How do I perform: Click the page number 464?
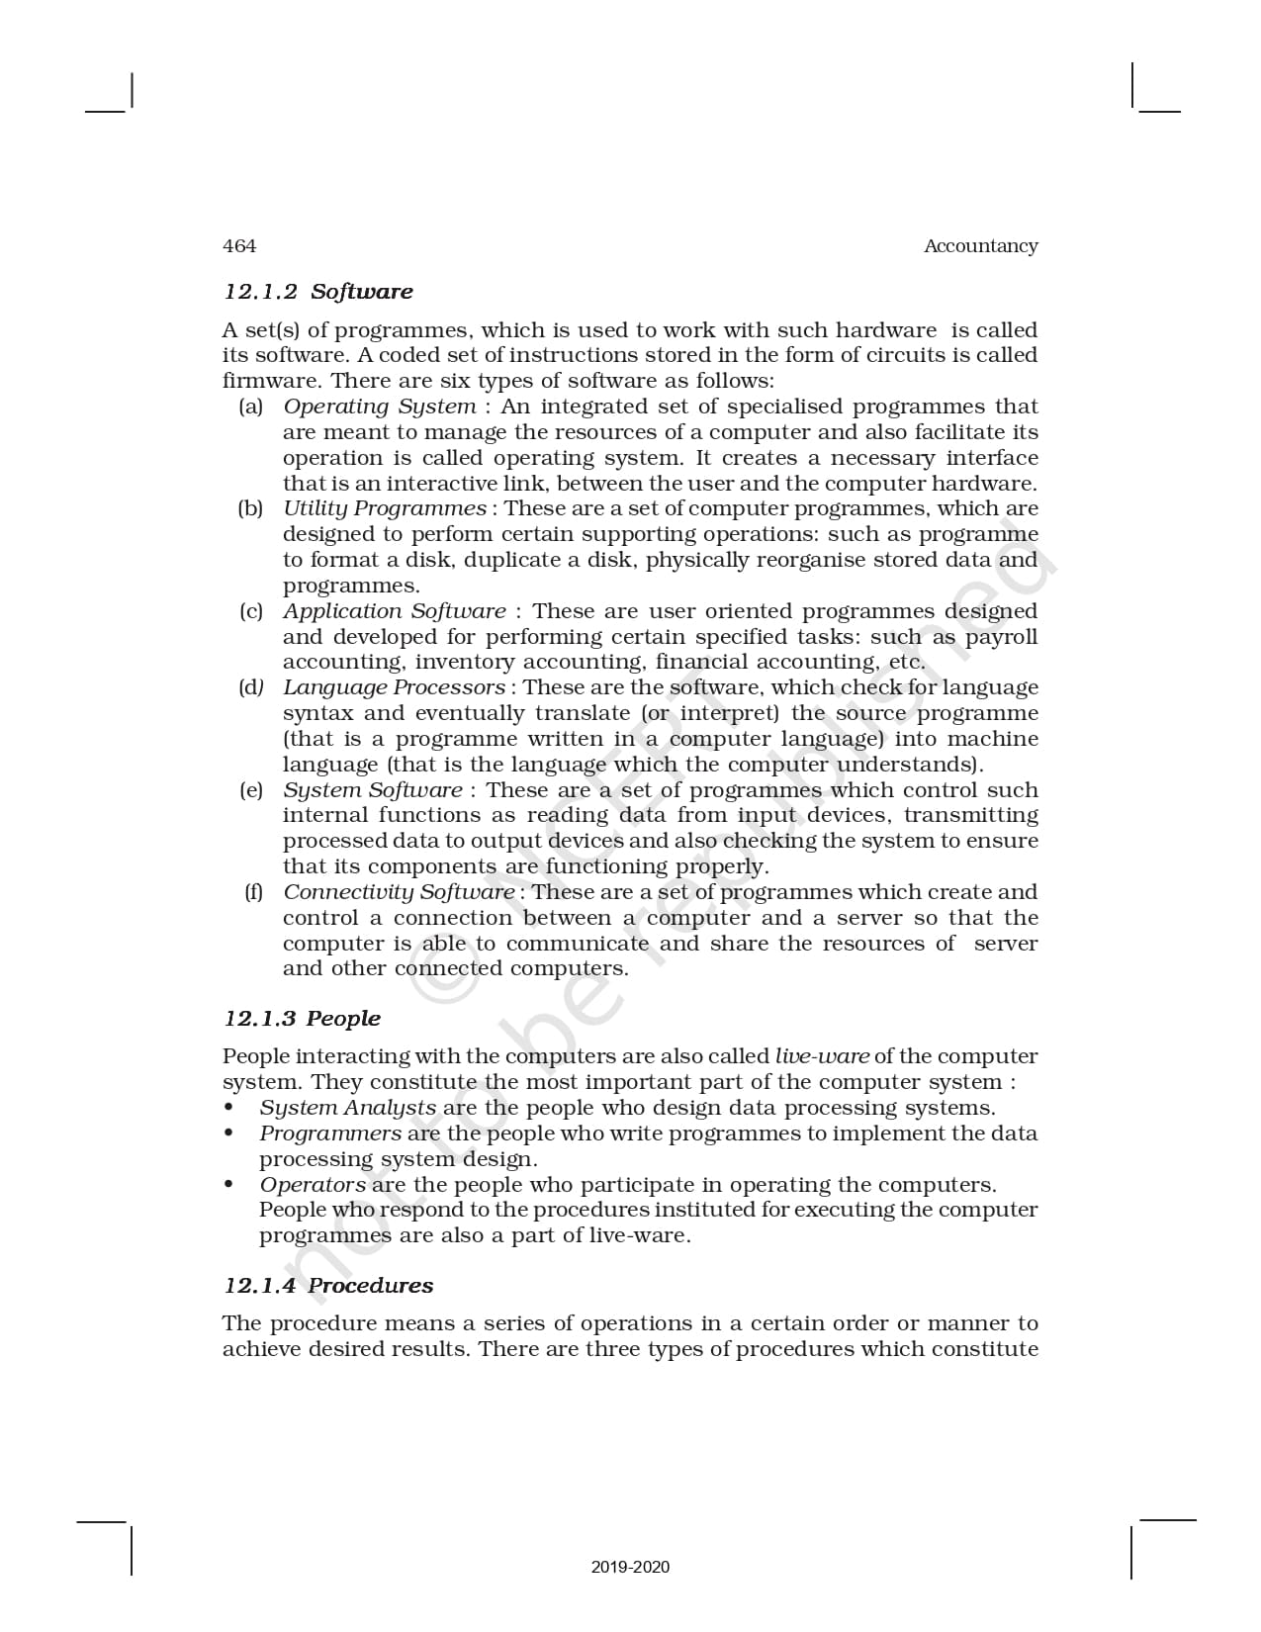[239, 246]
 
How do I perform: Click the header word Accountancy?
[980, 246]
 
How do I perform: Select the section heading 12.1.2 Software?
[317, 292]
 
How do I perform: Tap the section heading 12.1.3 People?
[302, 1019]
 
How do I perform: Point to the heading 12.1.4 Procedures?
[328, 1286]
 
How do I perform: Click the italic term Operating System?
[379, 407]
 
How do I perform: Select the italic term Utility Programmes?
[385, 508]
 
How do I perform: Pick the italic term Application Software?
[394, 611]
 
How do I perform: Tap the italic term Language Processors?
[394, 687]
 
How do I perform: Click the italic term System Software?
[372, 790]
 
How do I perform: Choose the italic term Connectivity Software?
[399, 892]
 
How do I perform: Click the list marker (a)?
[251, 407]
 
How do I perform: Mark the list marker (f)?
[254, 892]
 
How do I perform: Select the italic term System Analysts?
[347, 1108]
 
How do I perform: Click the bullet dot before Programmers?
[229, 1133]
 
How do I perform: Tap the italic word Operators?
[313, 1185]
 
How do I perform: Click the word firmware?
[272, 381]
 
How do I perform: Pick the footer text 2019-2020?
[630, 1567]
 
